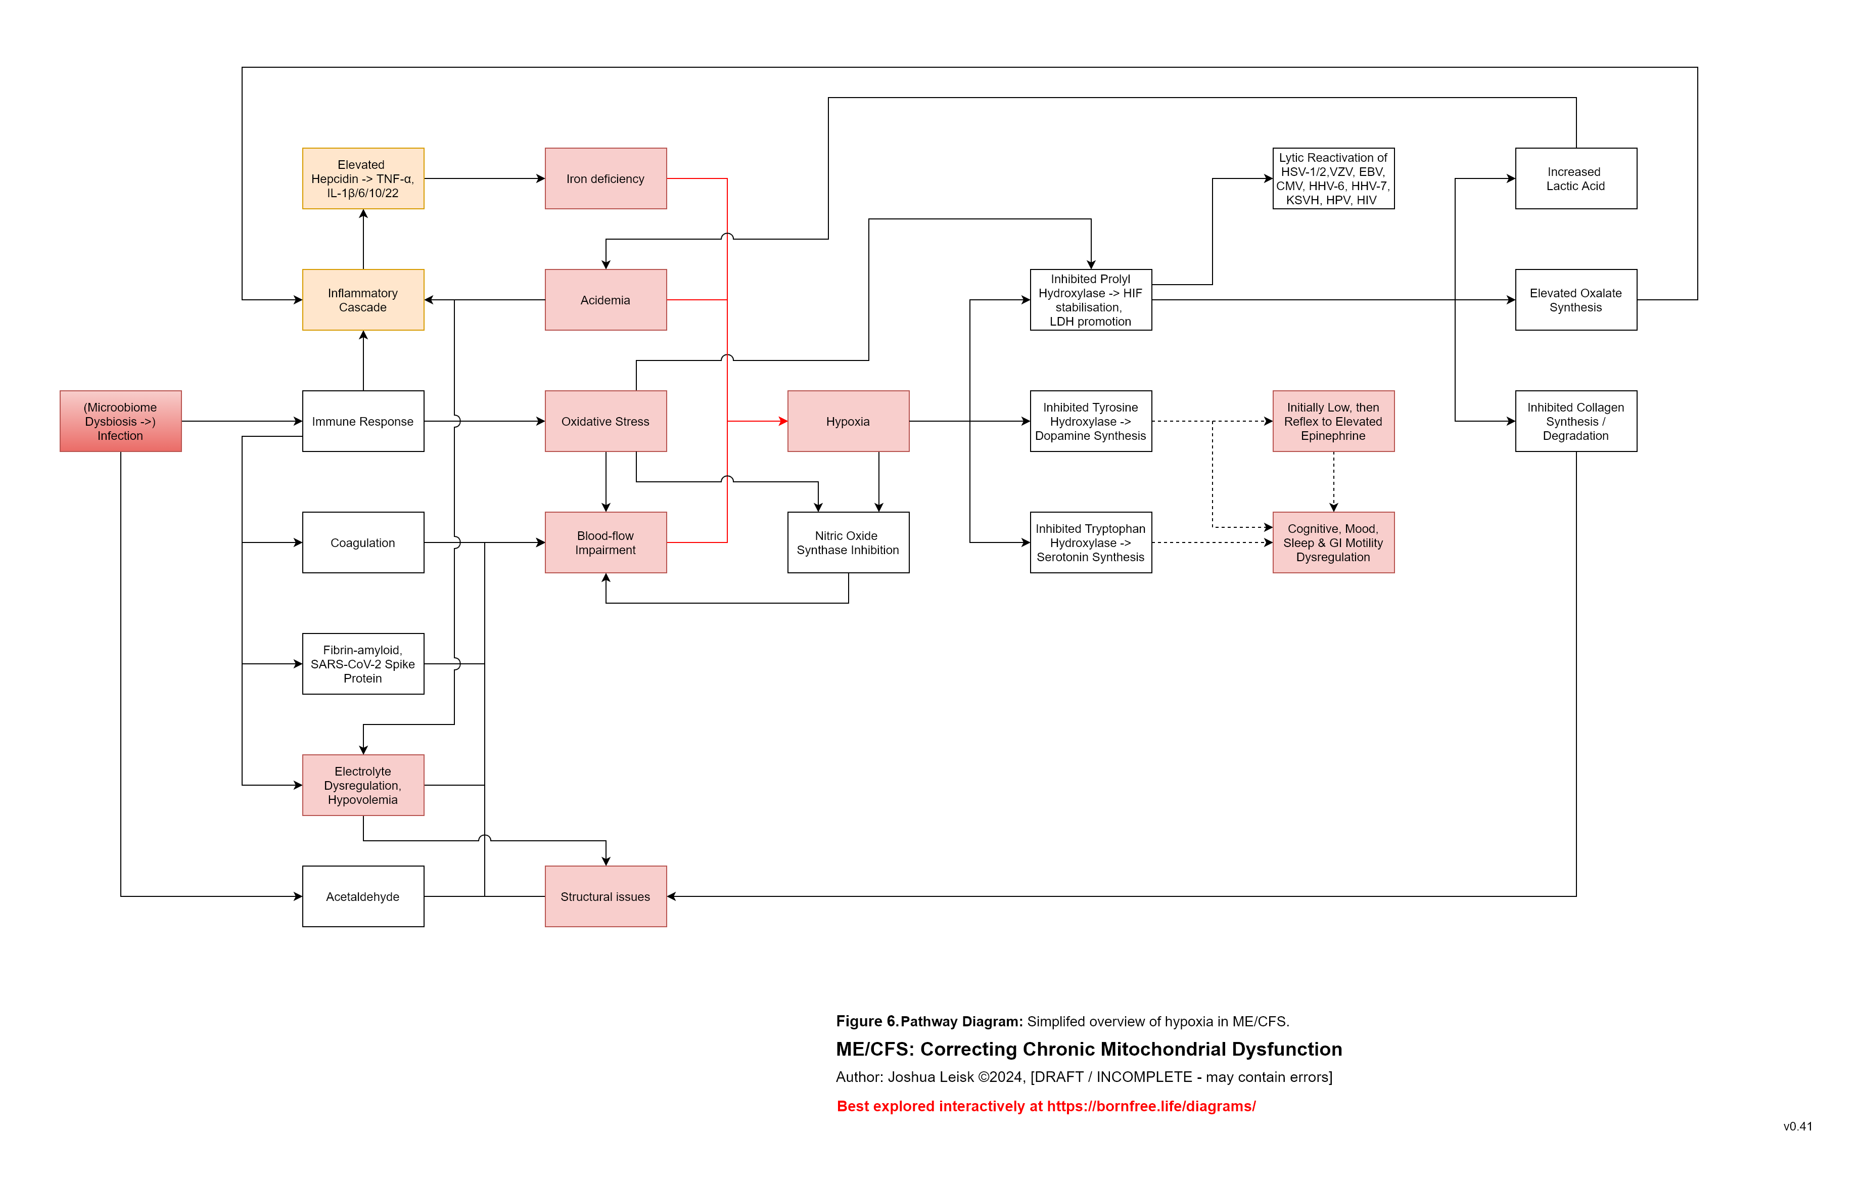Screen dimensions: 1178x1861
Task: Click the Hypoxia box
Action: pos(848,421)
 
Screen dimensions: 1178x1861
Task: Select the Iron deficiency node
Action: pos(605,178)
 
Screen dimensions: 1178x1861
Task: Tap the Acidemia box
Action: pos(605,300)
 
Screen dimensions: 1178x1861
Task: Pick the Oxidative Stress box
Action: pos(605,421)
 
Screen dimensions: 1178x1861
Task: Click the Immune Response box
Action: pos(362,421)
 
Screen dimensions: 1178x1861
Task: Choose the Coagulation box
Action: pos(362,542)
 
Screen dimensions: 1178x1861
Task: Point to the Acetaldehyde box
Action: pos(362,896)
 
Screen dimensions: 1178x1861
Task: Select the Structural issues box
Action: pos(605,896)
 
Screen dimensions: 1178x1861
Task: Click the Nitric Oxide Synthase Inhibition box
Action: pos(848,542)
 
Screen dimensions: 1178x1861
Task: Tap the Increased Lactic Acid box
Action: pos(1576,178)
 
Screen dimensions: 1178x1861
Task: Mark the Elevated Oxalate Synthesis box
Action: pos(1576,300)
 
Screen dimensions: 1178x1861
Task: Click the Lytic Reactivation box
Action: pos(1333,178)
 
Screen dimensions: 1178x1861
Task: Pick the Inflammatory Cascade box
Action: pos(362,300)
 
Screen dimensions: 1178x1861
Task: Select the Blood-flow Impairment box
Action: pos(605,542)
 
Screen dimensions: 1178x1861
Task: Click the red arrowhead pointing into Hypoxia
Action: pos(783,421)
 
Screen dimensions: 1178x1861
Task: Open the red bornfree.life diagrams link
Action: pos(1046,1106)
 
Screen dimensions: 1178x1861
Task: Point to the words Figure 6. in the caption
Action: pos(866,1021)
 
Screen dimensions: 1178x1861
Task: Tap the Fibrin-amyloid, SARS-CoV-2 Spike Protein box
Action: pos(362,664)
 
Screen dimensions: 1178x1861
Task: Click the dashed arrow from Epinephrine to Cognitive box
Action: pos(1333,481)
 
